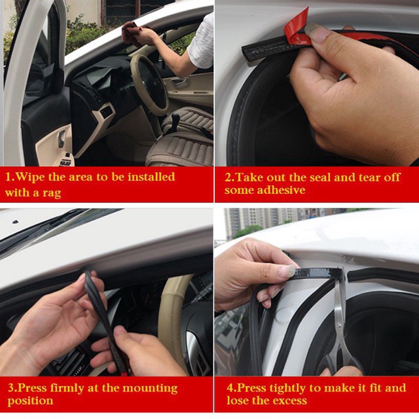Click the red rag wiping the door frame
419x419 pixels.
tap(132, 33)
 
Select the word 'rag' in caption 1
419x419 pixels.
tap(52, 193)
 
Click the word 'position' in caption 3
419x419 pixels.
tap(30, 401)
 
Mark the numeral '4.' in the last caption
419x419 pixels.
tap(231, 388)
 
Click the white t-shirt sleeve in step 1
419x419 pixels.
tap(201, 43)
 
